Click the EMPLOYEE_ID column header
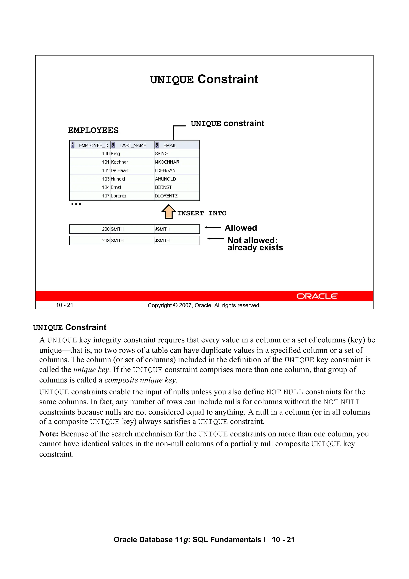tap(93, 145)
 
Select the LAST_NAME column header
tap(133, 145)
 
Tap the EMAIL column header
tap(170, 145)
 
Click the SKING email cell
tap(161, 153)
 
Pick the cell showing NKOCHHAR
tap(167, 162)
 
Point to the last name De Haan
tap(119, 170)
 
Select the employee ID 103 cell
tap(106, 179)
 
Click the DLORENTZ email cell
tap(166, 196)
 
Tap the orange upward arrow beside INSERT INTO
tap(168, 212)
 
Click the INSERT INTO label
tap(202, 213)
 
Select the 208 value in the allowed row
tap(106, 229)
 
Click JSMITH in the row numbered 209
tap(162, 240)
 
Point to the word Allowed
tap(241, 228)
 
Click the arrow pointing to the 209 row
tap(215, 239)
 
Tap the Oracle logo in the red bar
tap(317, 296)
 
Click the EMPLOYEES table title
tap(93, 130)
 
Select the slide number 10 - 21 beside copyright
tap(65, 305)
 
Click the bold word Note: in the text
tap(49, 434)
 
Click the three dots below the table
tap(76, 204)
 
